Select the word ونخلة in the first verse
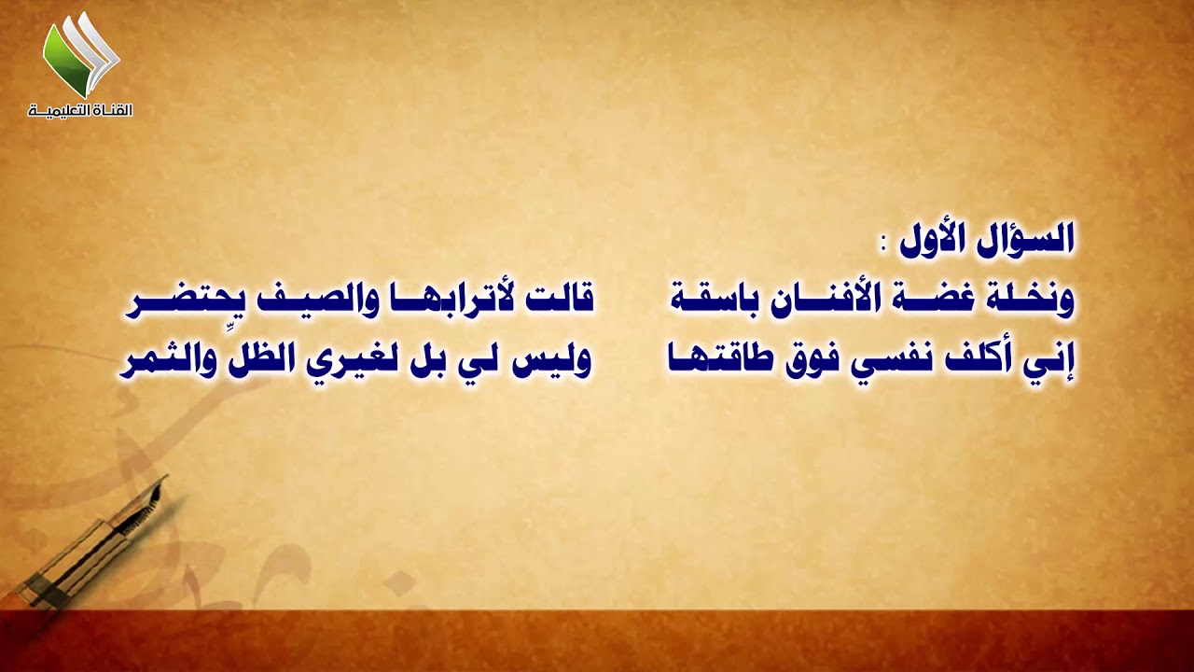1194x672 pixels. click(1031, 301)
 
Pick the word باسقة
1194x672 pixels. click(715, 301)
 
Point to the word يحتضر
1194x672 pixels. click(178, 301)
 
